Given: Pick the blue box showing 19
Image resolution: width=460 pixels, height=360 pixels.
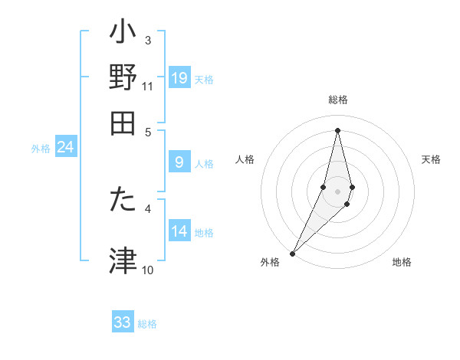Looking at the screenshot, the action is pyautogui.click(x=179, y=78).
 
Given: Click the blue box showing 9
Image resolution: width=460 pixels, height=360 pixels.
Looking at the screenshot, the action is pyautogui.click(x=179, y=162).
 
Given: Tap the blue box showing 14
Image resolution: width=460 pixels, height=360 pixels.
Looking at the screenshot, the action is pyautogui.click(x=179, y=231).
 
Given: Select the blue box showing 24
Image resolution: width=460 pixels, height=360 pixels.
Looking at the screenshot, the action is pyautogui.click(x=66, y=147).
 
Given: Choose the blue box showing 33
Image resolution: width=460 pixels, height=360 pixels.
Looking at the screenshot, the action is pyautogui.click(x=123, y=322).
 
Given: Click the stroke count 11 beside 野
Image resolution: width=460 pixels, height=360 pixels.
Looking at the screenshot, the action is pyautogui.click(x=147, y=87).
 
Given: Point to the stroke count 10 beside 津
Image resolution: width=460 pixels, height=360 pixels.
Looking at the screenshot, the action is pyautogui.click(x=147, y=270).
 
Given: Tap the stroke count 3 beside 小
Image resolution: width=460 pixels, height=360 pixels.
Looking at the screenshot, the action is pyautogui.click(x=147, y=40).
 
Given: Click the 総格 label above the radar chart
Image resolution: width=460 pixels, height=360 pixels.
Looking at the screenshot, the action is pyautogui.click(x=337, y=100).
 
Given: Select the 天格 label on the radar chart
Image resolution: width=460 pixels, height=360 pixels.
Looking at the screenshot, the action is pyautogui.click(x=431, y=159).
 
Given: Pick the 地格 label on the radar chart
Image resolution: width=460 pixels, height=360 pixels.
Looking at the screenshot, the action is pyautogui.click(x=402, y=263).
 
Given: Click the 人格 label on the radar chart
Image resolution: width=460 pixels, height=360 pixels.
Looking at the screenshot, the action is pyautogui.click(x=245, y=159).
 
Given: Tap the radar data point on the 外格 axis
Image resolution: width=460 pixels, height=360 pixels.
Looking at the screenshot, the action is pyautogui.click(x=293, y=253).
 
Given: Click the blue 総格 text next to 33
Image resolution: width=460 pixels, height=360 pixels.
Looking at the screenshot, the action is pyautogui.click(x=147, y=324).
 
